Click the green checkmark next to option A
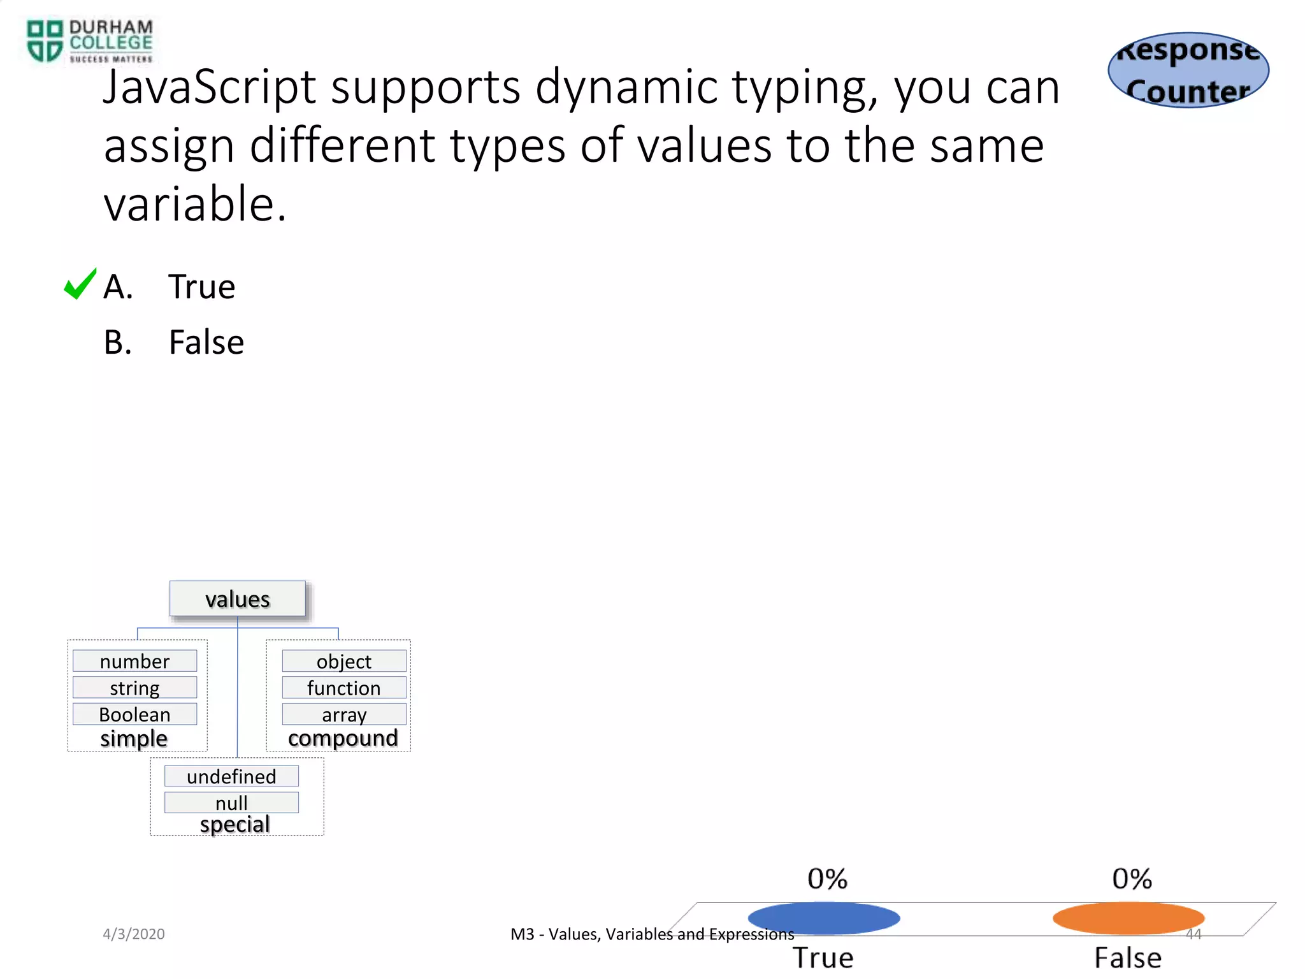tap(80, 284)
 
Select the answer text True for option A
tap(201, 287)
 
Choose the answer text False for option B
tap(206, 342)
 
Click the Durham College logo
tap(89, 41)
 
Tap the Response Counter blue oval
tap(1188, 70)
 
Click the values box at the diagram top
tap(237, 599)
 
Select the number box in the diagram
tap(134, 661)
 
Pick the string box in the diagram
tap(134, 688)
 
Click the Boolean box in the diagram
tap(134, 714)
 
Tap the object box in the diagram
tap(344, 661)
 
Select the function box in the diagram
tap(344, 688)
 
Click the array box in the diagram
tap(344, 714)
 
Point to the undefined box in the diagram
tap(231, 776)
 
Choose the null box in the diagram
tap(231, 802)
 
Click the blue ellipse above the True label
tap(824, 918)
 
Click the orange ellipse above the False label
tap(1128, 918)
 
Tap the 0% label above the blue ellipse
tap(827, 879)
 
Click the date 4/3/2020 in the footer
tap(134, 934)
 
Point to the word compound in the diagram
tap(343, 738)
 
